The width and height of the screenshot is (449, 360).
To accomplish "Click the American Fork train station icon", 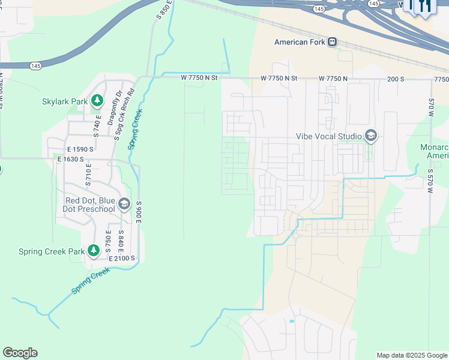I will [x=332, y=42].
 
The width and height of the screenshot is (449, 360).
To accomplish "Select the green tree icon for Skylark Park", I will [x=96, y=102].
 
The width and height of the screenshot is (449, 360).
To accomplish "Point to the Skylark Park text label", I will [x=65, y=102].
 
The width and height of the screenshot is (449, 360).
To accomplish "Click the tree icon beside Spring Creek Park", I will [x=93, y=250].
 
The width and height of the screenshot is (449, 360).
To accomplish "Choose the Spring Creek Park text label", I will [x=52, y=251].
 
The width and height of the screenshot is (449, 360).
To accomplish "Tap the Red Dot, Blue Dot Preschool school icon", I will [x=124, y=204].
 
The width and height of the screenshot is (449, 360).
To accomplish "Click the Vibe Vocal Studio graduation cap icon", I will [x=370, y=136].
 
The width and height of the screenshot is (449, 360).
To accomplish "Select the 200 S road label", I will [x=396, y=79].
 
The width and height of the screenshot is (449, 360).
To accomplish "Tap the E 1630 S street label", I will [x=71, y=159].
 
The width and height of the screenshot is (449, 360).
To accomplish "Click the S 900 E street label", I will [x=138, y=212].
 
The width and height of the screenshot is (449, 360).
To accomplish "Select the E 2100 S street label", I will [x=122, y=258].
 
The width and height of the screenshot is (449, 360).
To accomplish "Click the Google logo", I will [x=20, y=353].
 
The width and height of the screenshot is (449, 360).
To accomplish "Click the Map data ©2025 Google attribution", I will [x=411, y=355].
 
